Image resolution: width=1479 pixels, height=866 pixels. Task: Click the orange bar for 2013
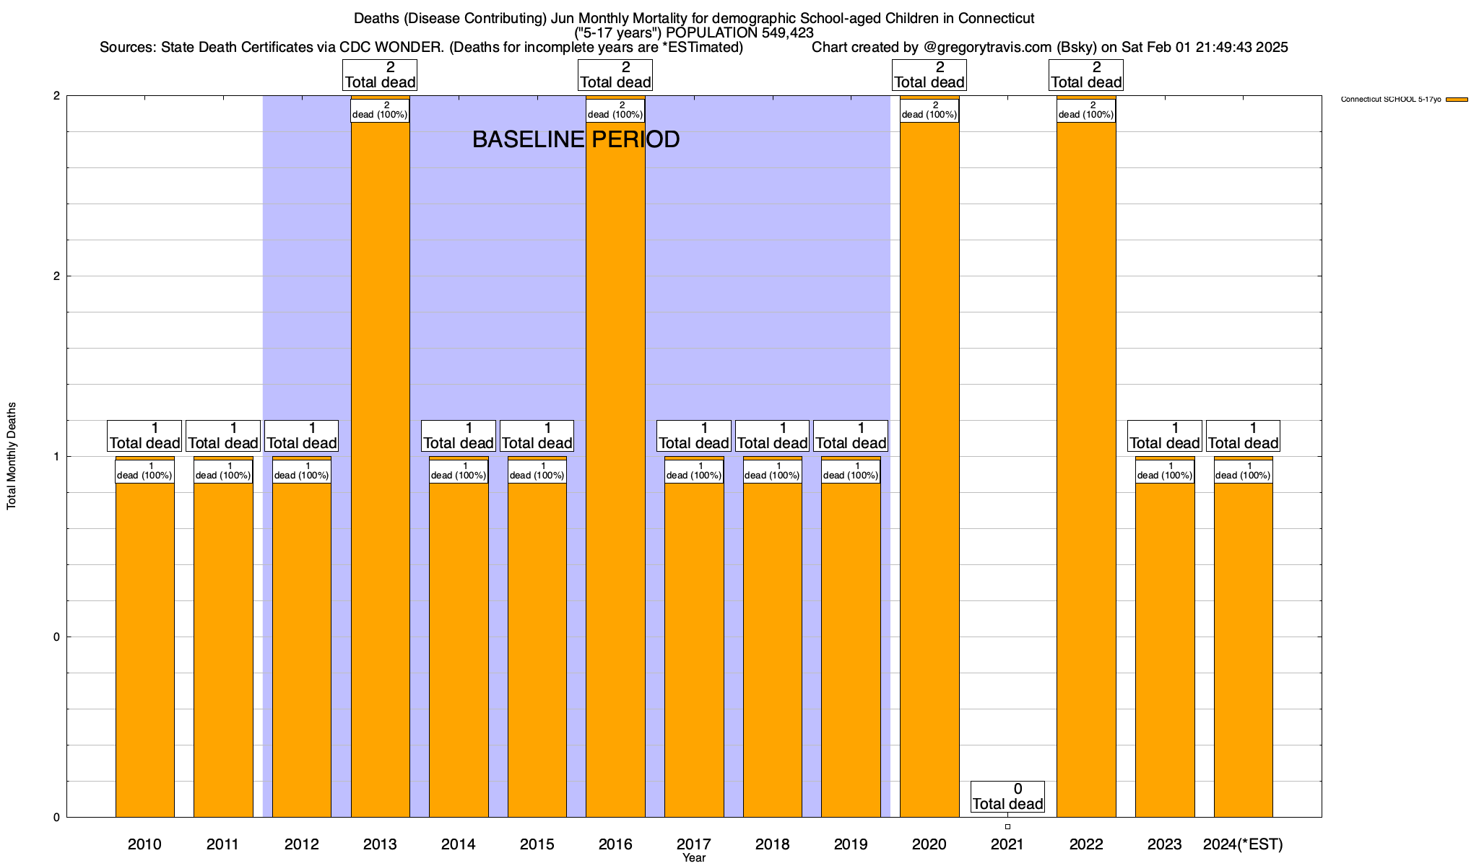coord(380,469)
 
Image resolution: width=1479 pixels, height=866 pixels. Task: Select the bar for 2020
coord(929,469)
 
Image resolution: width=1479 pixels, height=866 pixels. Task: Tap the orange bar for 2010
coord(144,649)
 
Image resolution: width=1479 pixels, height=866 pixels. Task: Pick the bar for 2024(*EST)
coord(1243,649)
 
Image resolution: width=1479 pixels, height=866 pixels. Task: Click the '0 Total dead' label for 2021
coord(1007,797)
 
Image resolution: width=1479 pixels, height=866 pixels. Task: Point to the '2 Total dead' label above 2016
coord(615,75)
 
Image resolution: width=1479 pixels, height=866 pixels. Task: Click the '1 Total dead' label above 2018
coord(772,436)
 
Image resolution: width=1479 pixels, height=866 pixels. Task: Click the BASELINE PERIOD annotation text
coord(576,139)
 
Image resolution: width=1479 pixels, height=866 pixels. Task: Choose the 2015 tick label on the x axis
coord(537,844)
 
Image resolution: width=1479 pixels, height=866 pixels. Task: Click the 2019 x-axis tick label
coord(851,844)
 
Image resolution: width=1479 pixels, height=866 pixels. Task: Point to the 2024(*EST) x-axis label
coord(1243,844)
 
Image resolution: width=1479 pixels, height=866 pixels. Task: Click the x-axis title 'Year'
coord(694,858)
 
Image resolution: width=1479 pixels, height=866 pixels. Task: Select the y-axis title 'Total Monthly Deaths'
coord(12,456)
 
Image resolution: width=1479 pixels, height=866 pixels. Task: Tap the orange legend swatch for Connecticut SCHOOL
coord(1457,100)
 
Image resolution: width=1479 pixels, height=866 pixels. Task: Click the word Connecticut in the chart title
coord(996,18)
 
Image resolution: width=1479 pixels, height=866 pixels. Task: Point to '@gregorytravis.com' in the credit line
coord(988,48)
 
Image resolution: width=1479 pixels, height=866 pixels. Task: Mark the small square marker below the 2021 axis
coord(1007,827)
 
